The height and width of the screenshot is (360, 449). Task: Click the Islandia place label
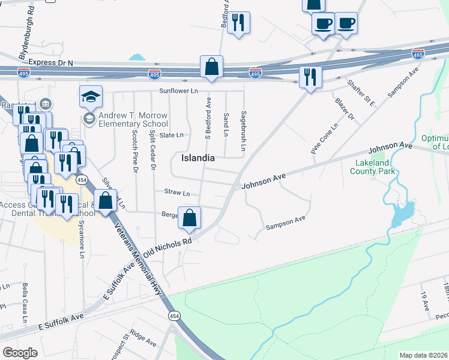coord(198,158)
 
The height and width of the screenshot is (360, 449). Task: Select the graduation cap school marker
coord(91,97)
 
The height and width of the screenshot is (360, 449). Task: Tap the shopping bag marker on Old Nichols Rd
coord(189,219)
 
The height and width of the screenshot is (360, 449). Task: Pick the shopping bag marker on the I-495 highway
coord(211,68)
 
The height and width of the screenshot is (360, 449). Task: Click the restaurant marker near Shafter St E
coord(310,77)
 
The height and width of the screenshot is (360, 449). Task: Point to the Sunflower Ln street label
coord(178,91)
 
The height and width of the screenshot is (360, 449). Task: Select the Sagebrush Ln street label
coord(244,131)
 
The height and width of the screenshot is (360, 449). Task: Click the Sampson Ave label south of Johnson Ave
coord(286,223)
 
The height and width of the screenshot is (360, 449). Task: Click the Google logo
coord(19,352)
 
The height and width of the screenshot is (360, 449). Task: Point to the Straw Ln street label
coord(177,193)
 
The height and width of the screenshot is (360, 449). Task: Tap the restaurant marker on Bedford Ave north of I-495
coord(239,23)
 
